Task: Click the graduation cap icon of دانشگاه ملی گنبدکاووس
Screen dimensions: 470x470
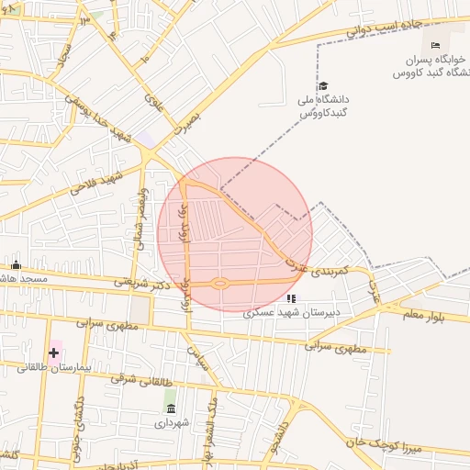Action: point(322,85)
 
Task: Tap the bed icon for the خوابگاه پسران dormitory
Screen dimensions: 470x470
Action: point(435,45)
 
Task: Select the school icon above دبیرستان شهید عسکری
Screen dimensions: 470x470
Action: point(291,298)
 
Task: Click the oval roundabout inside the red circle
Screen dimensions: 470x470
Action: point(219,283)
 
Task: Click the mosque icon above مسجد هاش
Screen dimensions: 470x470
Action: point(15,265)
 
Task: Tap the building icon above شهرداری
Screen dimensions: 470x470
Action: point(170,408)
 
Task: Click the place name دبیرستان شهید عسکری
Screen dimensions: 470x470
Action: point(291,312)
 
